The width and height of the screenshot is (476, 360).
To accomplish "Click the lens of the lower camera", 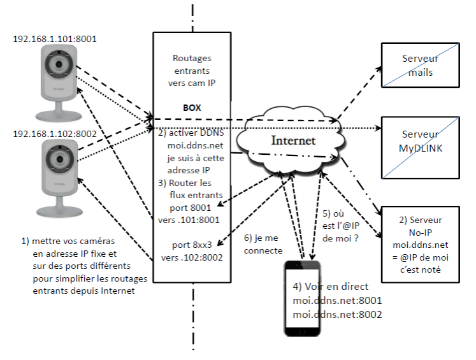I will point(59,159).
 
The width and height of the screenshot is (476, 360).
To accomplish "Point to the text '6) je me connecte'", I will point(261,242).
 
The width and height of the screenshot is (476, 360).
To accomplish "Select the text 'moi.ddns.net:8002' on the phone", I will point(337,314).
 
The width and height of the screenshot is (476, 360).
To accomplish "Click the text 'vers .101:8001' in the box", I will point(189,220).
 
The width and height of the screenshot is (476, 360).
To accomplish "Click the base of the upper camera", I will point(59,115).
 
